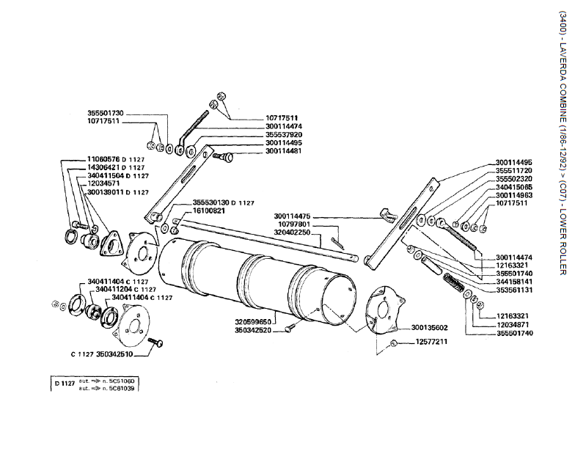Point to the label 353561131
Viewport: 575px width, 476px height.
514,290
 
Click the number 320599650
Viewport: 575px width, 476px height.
254,321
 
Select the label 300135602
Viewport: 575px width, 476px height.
430,328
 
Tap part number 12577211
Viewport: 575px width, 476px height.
430,343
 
